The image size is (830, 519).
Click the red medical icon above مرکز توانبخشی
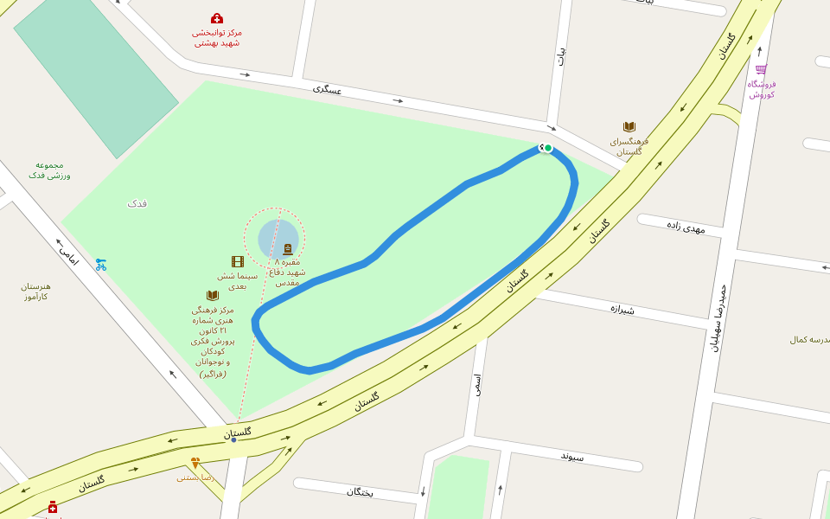coord(217,18)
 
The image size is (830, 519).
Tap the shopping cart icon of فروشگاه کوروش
coord(761,70)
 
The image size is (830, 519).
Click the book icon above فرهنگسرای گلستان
coord(629,127)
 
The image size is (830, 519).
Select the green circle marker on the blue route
coord(548,148)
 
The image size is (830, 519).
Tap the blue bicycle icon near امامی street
coord(101,265)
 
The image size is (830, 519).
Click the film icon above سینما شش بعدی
coord(238,261)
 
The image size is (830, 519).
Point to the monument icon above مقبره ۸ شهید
coord(288,249)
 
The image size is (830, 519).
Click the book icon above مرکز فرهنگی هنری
coord(213,296)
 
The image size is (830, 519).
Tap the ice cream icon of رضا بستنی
coord(195,463)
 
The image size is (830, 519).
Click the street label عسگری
coord(328,89)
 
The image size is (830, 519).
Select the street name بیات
coord(562,56)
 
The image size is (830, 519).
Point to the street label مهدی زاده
coord(686,227)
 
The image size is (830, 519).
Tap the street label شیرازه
coord(622,308)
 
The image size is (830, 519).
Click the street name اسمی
coord(476,384)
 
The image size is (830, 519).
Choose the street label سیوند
coord(572,456)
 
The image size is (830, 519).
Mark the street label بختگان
coord(360,491)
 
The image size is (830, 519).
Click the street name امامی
coord(67,253)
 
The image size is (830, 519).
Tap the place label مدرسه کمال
coord(809,339)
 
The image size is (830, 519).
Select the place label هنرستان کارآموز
coord(35,292)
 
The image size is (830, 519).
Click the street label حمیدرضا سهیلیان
coord(718,317)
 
